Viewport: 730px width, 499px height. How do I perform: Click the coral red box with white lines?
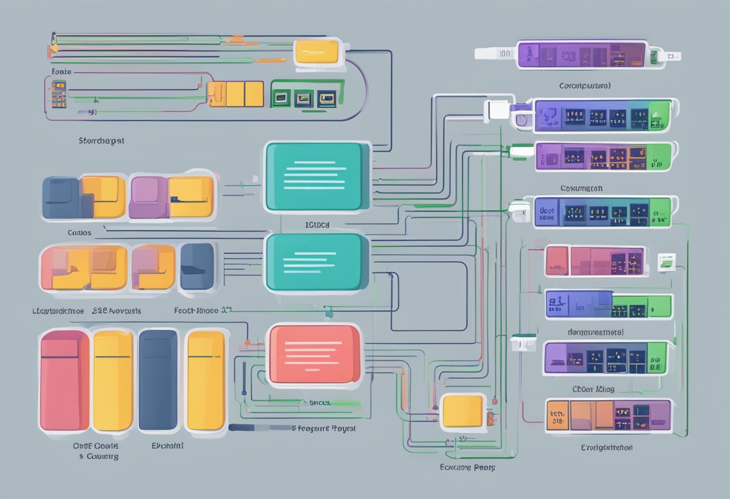[x=315, y=354]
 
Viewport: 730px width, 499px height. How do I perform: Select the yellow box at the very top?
[x=317, y=52]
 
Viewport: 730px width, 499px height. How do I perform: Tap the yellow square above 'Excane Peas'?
[x=462, y=411]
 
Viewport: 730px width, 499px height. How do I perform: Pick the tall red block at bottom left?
[x=64, y=381]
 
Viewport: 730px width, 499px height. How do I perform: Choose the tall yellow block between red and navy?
[x=113, y=381]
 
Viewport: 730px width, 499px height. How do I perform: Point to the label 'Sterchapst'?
[x=101, y=141]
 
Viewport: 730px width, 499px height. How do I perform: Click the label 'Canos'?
[x=79, y=232]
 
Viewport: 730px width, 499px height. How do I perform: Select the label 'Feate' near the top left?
[x=61, y=71]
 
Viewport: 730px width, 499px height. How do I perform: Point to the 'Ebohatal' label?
[x=167, y=446]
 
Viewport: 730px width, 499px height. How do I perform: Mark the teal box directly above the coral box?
[x=316, y=262]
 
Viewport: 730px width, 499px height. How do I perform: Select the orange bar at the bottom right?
[x=608, y=416]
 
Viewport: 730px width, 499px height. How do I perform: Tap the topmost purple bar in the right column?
[x=581, y=54]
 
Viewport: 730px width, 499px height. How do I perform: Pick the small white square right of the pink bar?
[x=666, y=261]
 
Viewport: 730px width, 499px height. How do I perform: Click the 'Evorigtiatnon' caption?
[x=606, y=447]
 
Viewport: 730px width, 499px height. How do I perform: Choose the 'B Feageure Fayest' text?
[x=324, y=429]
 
